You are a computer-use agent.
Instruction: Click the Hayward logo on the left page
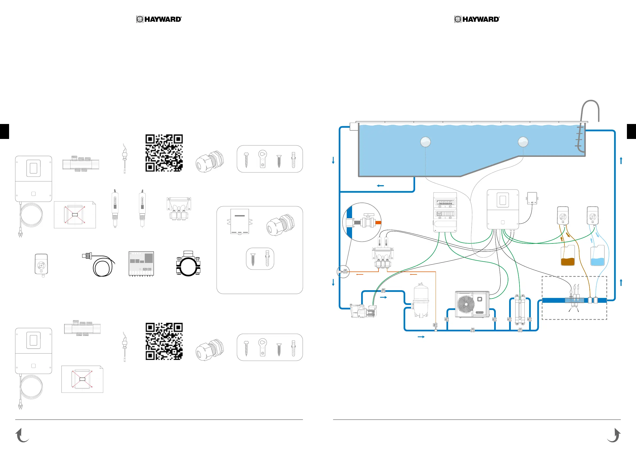click(159, 19)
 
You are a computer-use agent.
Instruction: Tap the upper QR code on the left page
click(164, 153)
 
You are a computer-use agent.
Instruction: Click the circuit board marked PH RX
click(141, 264)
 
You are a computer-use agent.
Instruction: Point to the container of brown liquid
click(568, 256)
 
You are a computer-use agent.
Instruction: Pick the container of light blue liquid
click(598, 256)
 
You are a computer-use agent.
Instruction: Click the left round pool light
click(426, 142)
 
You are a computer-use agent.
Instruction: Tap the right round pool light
click(523, 142)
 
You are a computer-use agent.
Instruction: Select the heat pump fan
click(466, 304)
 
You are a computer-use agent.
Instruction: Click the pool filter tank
click(421, 300)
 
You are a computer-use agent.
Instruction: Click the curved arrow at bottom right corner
click(614, 435)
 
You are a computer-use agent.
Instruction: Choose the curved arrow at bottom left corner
click(22, 435)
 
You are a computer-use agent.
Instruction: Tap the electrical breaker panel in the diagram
click(445, 212)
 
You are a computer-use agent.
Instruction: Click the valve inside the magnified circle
click(368, 222)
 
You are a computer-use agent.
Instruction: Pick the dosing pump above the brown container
click(563, 216)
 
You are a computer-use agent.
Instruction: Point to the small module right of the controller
click(532, 198)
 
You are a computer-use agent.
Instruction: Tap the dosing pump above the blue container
click(592, 216)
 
